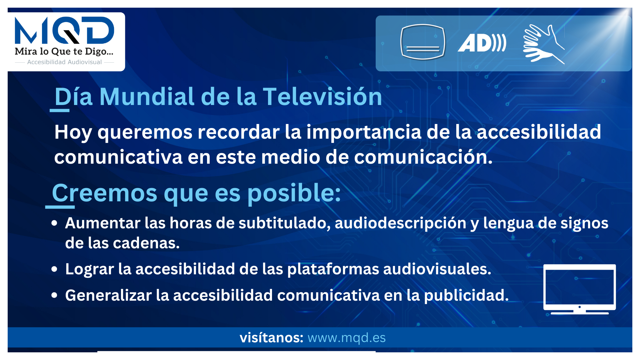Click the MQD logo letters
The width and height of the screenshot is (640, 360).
[x=64, y=30]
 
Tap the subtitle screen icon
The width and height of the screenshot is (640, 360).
[x=423, y=42]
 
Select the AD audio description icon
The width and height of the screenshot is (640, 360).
[x=482, y=43]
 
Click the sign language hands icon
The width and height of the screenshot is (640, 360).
[x=544, y=44]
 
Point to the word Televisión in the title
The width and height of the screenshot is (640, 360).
[x=322, y=97]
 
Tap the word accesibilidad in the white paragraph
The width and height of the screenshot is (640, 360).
[x=539, y=132]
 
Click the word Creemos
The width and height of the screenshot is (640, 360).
[x=104, y=193]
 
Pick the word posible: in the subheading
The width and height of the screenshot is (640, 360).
[x=294, y=193]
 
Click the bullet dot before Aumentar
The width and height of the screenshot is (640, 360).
[x=55, y=223]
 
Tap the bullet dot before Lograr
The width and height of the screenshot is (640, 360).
[x=55, y=269]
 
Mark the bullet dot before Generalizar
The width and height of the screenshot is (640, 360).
[x=55, y=295]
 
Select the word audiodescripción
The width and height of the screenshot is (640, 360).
[x=400, y=223]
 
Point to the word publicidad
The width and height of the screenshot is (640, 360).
[x=466, y=296]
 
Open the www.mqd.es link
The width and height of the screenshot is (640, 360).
[x=347, y=338]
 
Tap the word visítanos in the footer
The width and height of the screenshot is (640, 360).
[x=271, y=338]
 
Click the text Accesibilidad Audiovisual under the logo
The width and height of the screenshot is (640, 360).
[x=64, y=62]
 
